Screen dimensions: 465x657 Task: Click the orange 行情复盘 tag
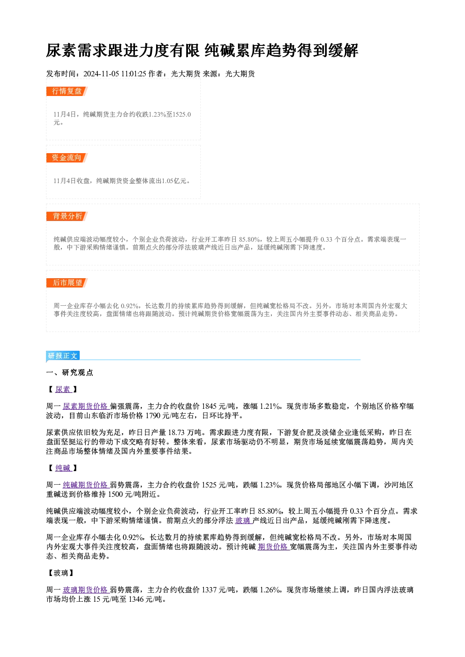pyautogui.click(x=67, y=91)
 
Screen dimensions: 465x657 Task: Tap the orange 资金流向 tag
pyautogui.click(x=67, y=158)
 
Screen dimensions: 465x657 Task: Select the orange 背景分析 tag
pyautogui.click(x=67, y=216)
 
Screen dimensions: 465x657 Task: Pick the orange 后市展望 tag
pyautogui.click(x=67, y=283)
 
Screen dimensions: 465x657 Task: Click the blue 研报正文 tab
pyautogui.click(x=63, y=355)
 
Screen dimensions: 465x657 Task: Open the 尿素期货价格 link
pyautogui.click(x=86, y=406)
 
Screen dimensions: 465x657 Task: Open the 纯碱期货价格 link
pyautogui.click(x=86, y=485)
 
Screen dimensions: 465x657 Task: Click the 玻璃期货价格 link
pyautogui.click(x=86, y=590)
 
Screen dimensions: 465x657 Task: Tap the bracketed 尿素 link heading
pyautogui.click(x=63, y=390)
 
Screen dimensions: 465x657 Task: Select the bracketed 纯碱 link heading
pyautogui.click(x=63, y=468)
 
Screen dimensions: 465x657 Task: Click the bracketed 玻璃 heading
pyautogui.click(x=61, y=573)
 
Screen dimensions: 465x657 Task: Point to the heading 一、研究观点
pyautogui.click(x=69, y=372)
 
